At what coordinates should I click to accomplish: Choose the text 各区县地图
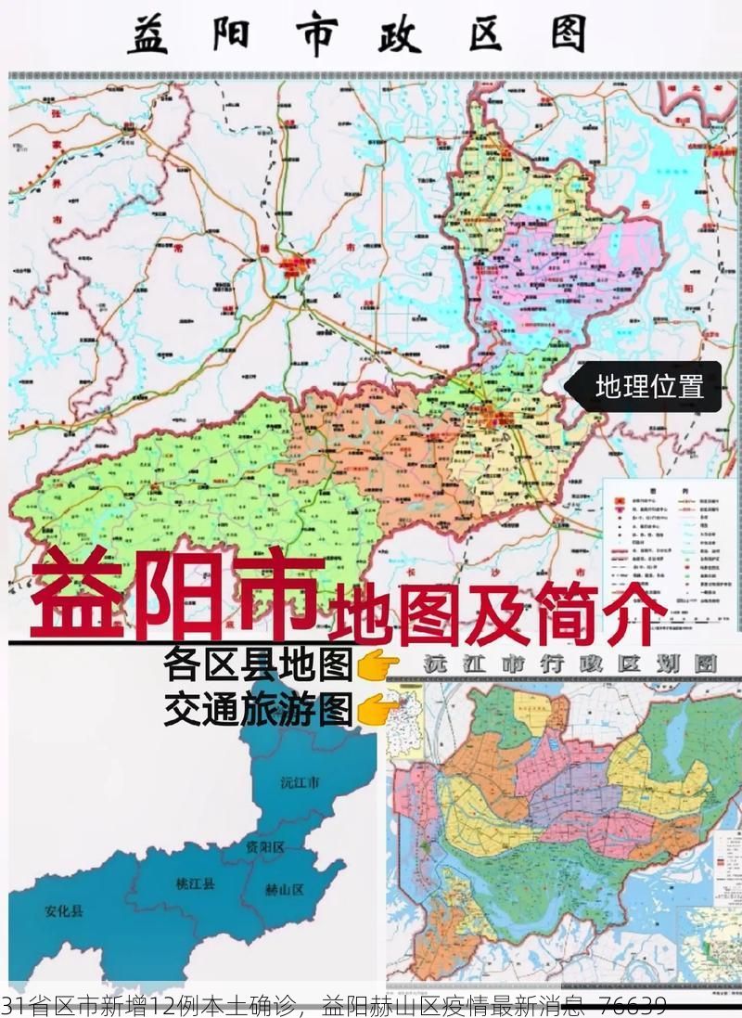tap(258, 665)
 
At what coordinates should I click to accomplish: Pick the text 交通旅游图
tap(258, 710)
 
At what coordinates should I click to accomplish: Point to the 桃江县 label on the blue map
tap(195, 884)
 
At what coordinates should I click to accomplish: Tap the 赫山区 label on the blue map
tap(285, 890)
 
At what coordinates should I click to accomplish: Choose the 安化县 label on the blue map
tap(63, 911)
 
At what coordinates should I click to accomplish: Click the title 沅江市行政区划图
tap(569, 664)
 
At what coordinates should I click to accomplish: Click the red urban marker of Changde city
tap(298, 267)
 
